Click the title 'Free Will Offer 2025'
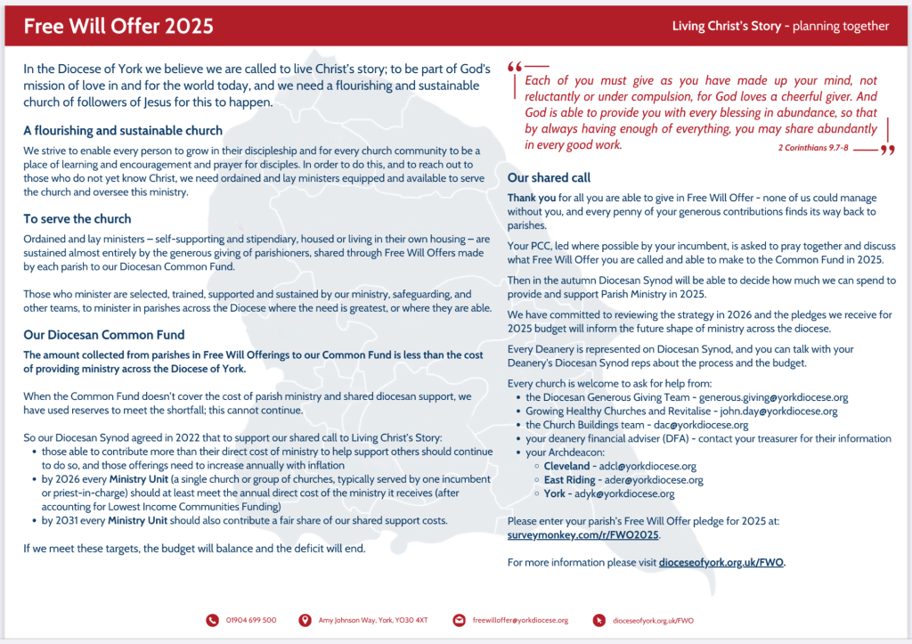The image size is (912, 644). tap(118, 26)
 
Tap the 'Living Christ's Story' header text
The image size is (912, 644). tap(726, 26)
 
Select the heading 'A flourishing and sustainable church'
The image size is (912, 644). tap(123, 131)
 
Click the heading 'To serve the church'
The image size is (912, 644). tap(77, 218)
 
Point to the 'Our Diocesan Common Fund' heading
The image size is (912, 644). tap(104, 335)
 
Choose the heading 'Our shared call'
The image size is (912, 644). tap(549, 177)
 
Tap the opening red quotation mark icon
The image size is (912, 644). tap(514, 68)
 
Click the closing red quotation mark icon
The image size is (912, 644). tap(887, 150)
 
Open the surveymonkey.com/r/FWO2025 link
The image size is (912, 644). tap(582, 534)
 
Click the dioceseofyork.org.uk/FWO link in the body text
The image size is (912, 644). tap(721, 562)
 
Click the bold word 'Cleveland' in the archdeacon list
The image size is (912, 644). tap(566, 466)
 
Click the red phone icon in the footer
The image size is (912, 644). tap(212, 620)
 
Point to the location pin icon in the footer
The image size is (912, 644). tap(305, 620)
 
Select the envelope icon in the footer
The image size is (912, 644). tap(459, 620)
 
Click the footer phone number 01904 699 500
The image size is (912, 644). tap(251, 620)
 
